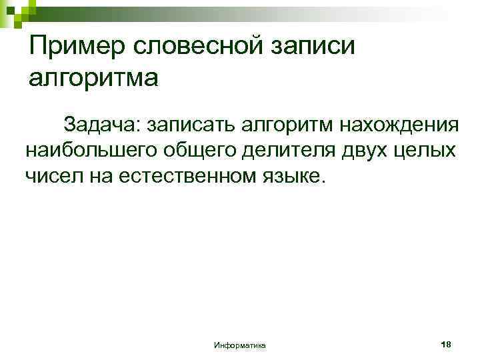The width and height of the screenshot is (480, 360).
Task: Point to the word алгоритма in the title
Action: [x=93, y=78]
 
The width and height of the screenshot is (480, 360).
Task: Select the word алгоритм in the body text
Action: [x=280, y=125]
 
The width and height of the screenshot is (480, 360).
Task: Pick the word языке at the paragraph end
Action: [x=294, y=177]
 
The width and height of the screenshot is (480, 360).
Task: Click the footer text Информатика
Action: [x=239, y=345]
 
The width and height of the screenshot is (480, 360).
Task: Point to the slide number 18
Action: [x=447, y=344]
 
